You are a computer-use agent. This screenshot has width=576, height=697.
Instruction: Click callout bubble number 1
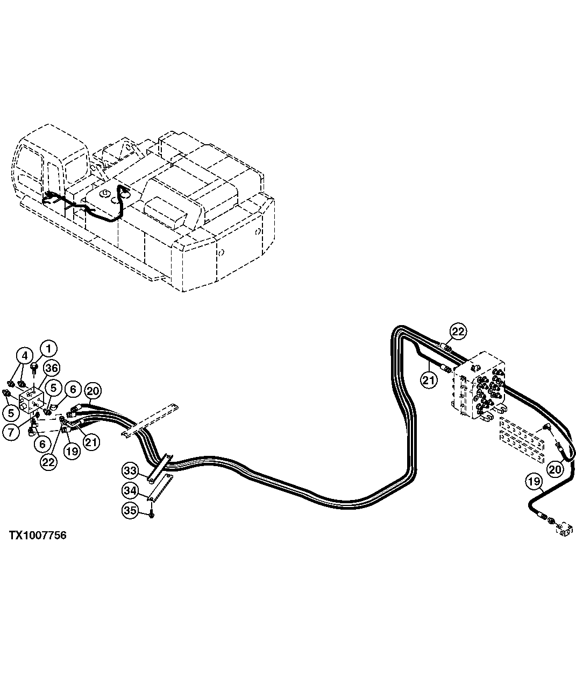point(48,348)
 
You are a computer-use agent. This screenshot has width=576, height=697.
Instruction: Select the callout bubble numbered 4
point(24,355)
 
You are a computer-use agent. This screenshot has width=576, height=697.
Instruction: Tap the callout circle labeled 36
point(51,368)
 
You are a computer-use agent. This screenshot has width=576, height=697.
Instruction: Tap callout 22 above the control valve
point(458,332)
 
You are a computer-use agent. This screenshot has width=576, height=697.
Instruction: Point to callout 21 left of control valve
point(428,380)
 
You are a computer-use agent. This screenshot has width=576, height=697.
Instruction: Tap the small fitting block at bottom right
point(563,530)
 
